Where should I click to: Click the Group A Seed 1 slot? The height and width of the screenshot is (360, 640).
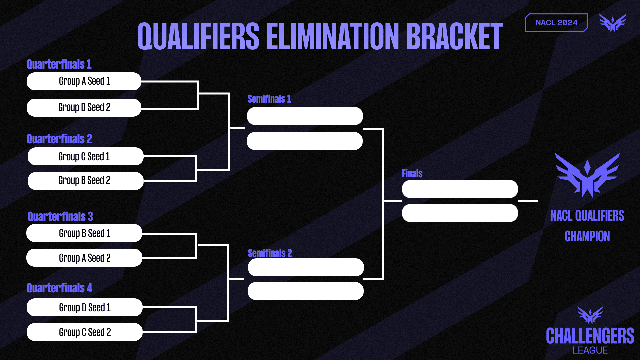click(x=84, y=81)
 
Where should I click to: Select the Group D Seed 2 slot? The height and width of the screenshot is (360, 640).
click(x=84, y=108)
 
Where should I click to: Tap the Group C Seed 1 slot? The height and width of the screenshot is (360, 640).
click(x=85, y=156)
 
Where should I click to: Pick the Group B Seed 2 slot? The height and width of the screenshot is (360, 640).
click(x=85, y=181)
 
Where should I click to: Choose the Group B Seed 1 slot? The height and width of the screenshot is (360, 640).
click(x=84, y=233)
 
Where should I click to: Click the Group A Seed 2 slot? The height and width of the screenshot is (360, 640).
click(x=84, y=258)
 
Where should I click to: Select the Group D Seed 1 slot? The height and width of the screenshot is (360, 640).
click(x=85, y=307)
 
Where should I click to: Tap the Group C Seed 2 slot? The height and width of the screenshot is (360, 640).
click(x=85, y=332)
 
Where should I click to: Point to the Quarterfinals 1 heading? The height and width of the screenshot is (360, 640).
click(x=59, y=64)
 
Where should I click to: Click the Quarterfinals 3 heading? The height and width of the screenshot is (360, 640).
click(x=60, y=217)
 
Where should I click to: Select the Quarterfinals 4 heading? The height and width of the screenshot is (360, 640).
click(x=59, y=288)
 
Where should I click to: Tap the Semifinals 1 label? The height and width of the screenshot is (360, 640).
click(x=269, y=99)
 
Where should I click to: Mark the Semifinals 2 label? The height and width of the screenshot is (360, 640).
click(x=270, y=253)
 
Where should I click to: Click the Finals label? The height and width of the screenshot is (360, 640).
click(x=412, y=174)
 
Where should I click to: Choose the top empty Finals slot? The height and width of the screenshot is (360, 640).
click(x=460, y=189)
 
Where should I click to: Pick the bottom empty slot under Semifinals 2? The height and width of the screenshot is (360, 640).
click(x=306, y=291)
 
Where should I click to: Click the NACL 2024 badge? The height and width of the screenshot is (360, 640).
click(x=556, y=23)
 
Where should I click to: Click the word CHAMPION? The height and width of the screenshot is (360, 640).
click(x=587, y=236)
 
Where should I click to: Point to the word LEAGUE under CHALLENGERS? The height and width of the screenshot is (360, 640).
click(x=590, y=350)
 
